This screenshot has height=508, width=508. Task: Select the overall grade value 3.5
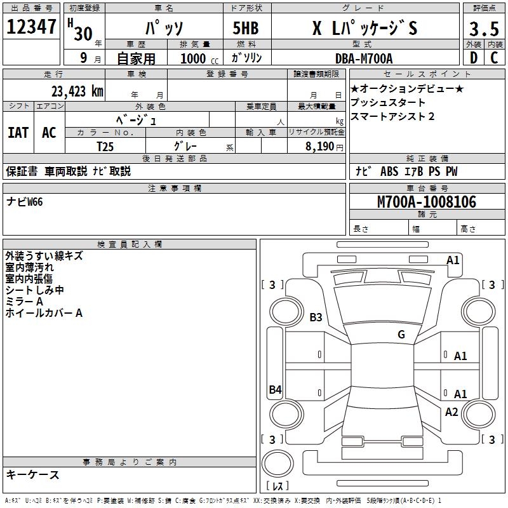(483, 29)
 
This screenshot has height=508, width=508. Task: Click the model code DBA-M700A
(364, 58)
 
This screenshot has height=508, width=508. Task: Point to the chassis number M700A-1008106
(427, 202)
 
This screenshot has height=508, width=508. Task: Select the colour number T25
(105, 145)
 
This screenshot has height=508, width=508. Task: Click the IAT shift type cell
(18, 132)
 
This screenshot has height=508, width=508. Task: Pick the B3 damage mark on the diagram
(316, 317)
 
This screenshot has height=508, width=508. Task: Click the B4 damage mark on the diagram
(275, 390)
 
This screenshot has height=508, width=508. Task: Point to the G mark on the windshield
(401, 335)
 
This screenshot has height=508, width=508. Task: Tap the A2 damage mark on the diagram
(451, 412)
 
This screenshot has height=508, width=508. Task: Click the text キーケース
(32, 474)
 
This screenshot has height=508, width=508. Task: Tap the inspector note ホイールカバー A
(44, 313)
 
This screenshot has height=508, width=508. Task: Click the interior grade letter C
(494, 58)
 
